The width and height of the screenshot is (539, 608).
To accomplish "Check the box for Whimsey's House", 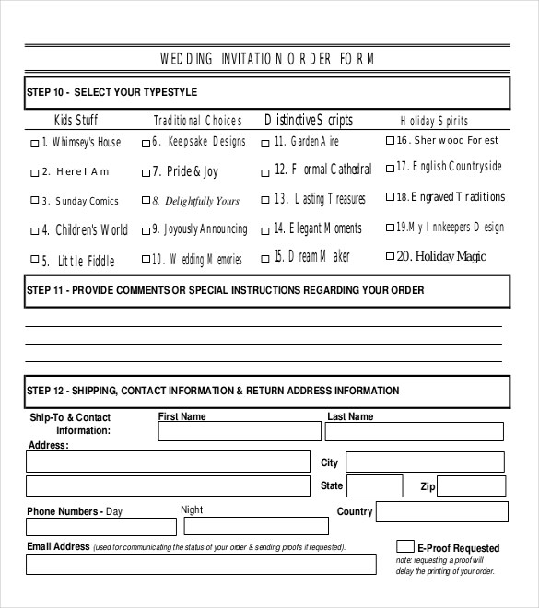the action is click(35, 144).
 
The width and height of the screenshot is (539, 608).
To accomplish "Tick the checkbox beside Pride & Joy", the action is click(146, 172).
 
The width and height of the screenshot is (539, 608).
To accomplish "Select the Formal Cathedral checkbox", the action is click(265, 170).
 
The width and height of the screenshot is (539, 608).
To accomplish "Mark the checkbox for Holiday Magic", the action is click(389, 256).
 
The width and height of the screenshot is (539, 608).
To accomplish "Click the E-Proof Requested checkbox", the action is click(404, 546).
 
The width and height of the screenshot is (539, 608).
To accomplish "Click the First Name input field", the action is click(238, 431).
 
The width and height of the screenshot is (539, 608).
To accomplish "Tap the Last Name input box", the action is click(415, 431).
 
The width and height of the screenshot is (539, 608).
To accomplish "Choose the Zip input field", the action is click(471, 486).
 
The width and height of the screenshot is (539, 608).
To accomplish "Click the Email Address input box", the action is click(201, 564).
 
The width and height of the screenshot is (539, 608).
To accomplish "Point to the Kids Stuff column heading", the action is click(76, 121).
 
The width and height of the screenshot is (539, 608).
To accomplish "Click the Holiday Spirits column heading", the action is click(434, 121).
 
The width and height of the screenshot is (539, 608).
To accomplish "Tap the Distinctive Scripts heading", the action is click(309, 121).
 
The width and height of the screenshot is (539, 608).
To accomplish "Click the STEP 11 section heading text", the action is click(226, 290).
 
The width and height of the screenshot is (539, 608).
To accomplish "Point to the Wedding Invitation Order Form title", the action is click(268, 59).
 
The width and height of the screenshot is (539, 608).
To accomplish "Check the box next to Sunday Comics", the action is click(35, 201).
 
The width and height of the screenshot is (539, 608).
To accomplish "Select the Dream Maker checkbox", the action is click(265, 259).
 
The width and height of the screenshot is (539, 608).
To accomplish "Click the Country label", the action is click(355, 511).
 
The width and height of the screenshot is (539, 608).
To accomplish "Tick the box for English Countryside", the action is click(389, 168).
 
